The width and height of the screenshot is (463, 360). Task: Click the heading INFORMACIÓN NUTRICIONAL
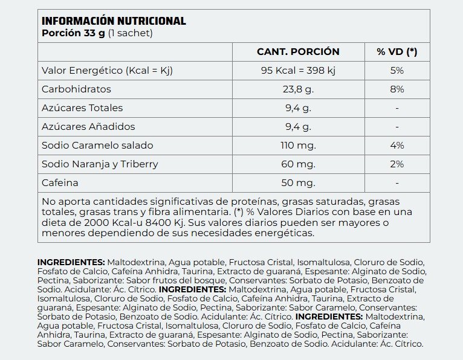114,21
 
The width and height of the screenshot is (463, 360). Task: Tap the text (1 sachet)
130,33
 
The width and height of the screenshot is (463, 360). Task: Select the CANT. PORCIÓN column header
298,52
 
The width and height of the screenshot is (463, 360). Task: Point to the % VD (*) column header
397,52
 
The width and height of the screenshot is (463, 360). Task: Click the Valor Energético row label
107,71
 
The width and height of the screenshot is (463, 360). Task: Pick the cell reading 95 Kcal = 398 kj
298,71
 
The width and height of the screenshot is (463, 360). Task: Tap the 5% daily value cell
397,71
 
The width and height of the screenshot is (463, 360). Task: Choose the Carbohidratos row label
76,89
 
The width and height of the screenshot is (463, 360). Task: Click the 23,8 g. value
298,89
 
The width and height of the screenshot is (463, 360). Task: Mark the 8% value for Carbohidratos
397,89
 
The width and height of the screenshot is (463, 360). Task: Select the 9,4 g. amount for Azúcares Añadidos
298,127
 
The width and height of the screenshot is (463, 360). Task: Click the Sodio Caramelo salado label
97,146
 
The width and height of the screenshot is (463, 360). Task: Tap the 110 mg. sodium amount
298,146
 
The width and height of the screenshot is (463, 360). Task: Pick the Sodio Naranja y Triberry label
100,164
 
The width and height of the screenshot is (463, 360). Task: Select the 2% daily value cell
397,164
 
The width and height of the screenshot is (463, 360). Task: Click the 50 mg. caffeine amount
298,183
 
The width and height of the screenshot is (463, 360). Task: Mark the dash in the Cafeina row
397,183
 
